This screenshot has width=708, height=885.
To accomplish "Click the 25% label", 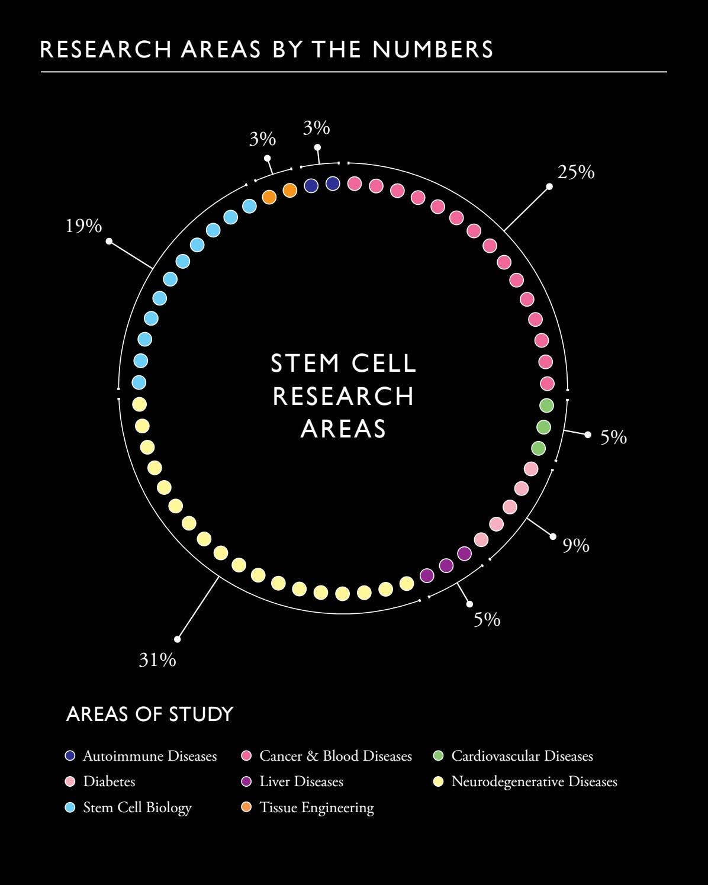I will tap(575, 172).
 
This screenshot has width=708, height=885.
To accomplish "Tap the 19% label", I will tap(83, 226).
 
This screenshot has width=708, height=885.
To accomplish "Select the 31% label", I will tap(157, 659).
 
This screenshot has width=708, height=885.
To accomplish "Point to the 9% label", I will tap(575, 545).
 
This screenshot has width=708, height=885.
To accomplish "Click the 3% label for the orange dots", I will tap(262, 139).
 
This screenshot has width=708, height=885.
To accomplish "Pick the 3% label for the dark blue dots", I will tap(316, 128).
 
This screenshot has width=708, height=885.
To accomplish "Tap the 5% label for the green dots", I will tap(613, 437).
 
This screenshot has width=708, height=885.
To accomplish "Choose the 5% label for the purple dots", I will tap(487, 619).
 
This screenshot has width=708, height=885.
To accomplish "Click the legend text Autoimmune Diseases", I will tap(150, 756).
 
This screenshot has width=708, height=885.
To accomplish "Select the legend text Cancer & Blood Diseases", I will tap(335, 756).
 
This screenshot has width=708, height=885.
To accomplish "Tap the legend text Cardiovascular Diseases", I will tap(522, 756).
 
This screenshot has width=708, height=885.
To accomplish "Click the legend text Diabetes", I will tap(109, 781).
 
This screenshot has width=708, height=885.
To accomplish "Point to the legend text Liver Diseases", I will tap(301, 781).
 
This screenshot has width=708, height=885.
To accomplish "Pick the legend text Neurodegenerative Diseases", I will tap(534, 781).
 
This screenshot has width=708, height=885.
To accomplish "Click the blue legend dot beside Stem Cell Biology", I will tap(70, 807).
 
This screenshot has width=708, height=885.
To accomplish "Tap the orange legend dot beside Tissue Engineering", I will tap(247, 807).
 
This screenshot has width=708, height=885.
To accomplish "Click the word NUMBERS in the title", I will tap(433, 50).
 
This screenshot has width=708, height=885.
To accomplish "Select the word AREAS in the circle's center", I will tap(343, 429).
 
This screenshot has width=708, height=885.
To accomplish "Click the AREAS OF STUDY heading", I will tap(150, 714).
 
